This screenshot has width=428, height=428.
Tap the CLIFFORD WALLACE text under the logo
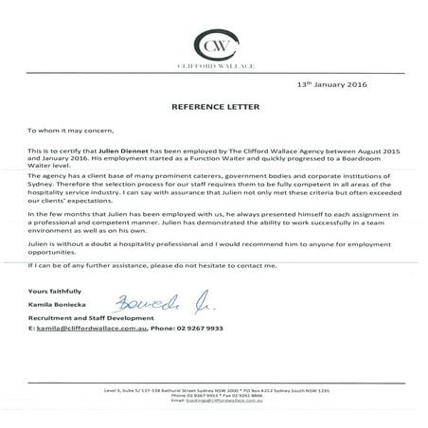(x=213, y=67)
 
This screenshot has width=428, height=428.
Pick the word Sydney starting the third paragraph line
(x=41, y=183)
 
